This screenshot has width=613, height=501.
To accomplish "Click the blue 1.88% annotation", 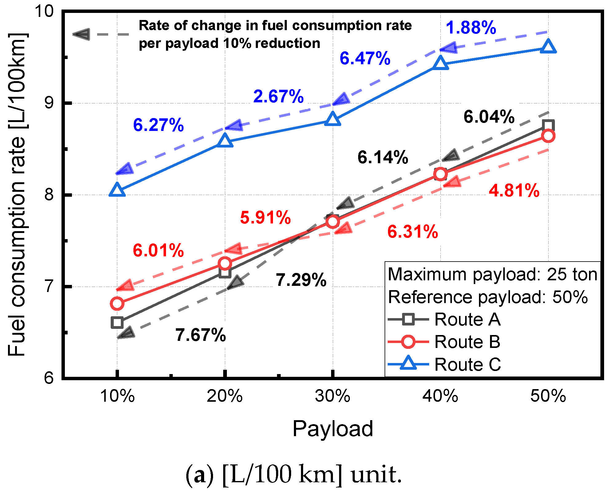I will pos(471,28).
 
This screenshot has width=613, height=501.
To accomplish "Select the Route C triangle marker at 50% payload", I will pos(548,46).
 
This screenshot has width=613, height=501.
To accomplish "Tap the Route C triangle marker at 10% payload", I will pos(117,190).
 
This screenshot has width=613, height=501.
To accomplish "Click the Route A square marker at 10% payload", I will pos(117,323).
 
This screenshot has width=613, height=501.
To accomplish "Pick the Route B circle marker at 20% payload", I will pos(225,263).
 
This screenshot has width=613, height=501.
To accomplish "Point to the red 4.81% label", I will pos(514,190).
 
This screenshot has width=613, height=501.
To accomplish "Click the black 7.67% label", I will pos(200,335).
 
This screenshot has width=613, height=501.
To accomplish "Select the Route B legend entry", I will pos(444,342).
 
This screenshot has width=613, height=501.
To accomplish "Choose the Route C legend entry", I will pos(444,365).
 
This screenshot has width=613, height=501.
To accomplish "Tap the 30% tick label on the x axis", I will pos(332,396).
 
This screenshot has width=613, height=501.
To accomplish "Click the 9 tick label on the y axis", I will pos(49,103).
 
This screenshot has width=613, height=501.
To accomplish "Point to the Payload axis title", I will pos(333,428).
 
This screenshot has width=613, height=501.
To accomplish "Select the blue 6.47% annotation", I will pos(365,58).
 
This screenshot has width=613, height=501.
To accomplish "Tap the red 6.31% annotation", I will pos(412,232).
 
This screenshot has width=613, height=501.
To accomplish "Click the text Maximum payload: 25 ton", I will pos(492,274).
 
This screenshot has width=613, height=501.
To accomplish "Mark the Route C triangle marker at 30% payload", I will pos(333,119).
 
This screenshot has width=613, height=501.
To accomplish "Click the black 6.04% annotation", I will pos(489,117).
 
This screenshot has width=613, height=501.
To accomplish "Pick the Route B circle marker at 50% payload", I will pos(548,136).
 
